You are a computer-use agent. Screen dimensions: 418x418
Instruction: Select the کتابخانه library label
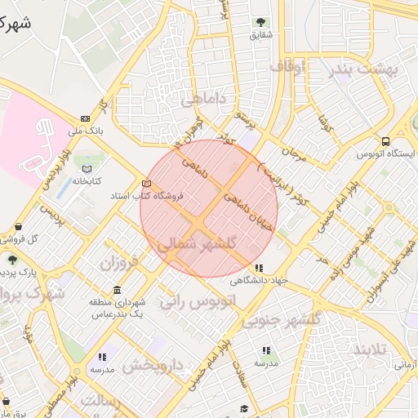click(x=86, y=181)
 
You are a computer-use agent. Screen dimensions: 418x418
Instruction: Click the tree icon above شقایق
click(x=260, y=22)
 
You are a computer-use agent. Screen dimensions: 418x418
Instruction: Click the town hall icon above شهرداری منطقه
click(x=118, y=291)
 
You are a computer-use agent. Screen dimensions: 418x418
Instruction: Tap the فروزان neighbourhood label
click(x=121, y=263)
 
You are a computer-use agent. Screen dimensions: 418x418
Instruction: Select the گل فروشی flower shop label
click(x=22, y=238)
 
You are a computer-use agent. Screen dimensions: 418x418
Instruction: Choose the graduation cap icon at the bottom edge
click(x=243, y=409)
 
